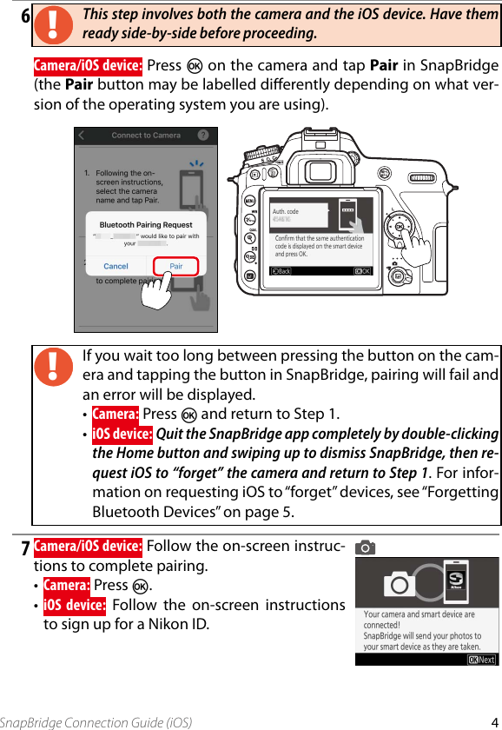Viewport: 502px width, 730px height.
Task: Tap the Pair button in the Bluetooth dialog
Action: coord(176,266)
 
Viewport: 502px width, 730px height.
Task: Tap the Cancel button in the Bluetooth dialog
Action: coord(116,266)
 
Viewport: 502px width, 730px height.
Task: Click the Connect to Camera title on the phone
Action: coord(146,136)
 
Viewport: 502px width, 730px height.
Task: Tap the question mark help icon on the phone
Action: coord(203,136)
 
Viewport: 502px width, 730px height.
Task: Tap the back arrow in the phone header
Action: coord(82,136)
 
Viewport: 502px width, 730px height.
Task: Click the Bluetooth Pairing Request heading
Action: coord(146,225)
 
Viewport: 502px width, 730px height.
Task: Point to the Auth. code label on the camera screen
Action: coord(286,211)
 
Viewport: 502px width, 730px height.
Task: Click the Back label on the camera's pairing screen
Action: coord(281,271)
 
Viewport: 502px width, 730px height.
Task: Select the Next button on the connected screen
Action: coord(481,659)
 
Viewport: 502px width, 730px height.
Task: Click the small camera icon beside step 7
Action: coord(366,547)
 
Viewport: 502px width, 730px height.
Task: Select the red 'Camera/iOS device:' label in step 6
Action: coord(88,67)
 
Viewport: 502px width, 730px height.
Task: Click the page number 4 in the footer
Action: coord(493,721)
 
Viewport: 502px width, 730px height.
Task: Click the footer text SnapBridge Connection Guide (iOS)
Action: coord(96,722)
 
